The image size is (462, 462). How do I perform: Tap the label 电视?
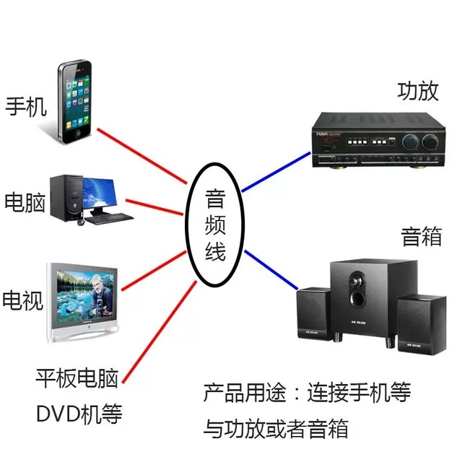click(25, 298)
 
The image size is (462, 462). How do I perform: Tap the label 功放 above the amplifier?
click(417, 92)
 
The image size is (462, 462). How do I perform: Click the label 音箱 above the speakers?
click(421, 236)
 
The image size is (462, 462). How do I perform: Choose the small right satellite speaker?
click(419, 321)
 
